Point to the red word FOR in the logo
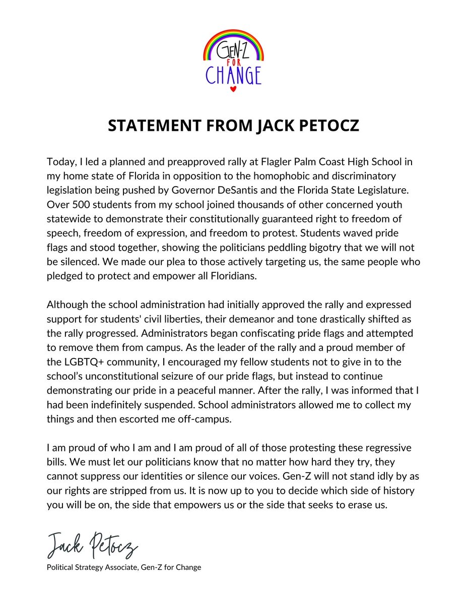[233, 63]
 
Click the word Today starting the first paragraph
[60, 163]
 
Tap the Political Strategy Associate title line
[124, 568]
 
